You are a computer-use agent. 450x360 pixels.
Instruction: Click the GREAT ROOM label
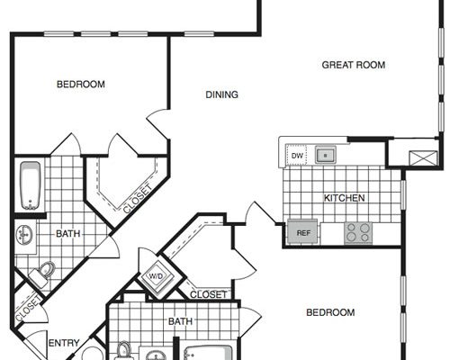click(x=354, y=65)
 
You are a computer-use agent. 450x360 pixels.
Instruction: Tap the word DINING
click(x=221, y=94)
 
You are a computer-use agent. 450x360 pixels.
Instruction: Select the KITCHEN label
click(x=345, y=198)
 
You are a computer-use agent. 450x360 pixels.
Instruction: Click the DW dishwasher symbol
click(x=297, y=155)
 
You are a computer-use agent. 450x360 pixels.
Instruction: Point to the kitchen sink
click(x=325, y=155)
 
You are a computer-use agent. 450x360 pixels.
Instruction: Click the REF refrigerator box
click(x=302, y=231)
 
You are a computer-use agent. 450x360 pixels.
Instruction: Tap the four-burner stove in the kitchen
click(x=357, y=233)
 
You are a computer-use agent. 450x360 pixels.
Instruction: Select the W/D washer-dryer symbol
click(x=156, y=276)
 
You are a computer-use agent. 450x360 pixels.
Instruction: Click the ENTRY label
click(x=64, y=343)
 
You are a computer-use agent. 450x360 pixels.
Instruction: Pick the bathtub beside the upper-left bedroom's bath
click(x=30, y=185)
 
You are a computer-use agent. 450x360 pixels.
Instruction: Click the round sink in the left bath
click(x=24, y=234)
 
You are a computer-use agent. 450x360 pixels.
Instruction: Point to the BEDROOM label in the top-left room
click(x=81, y=84)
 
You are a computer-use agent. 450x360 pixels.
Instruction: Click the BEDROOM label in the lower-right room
click(x=330, y=312)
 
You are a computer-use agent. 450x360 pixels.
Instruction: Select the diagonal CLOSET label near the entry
click(x=28, y=309)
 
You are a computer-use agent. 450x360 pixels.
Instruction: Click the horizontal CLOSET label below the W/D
click(x=208, y=294)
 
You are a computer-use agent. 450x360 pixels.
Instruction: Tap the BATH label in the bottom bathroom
click(x=180, y=321)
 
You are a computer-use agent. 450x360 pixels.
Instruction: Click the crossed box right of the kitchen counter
click(x=424, y=158)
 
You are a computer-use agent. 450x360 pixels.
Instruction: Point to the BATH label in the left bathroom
click(x=68, y=233)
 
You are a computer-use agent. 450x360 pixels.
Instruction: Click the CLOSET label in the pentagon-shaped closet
click(x=138, y=199)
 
